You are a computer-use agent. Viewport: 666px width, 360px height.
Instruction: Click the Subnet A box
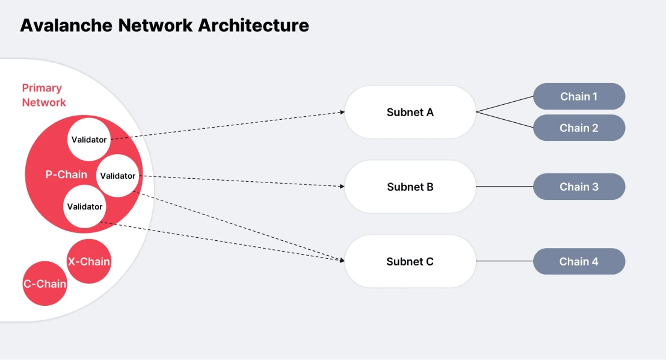pos(410,112)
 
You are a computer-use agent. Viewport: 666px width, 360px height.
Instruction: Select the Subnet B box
pos(410,187)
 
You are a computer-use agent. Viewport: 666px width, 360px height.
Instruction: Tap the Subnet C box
pos(410,261)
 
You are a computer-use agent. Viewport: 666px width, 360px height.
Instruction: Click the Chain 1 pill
pos(579,96)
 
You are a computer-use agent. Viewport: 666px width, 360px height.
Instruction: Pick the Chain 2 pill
pos(579,128)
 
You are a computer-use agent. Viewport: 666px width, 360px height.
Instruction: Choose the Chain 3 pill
pos(579,187)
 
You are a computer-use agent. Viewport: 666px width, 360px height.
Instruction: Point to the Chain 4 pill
pos(579,261)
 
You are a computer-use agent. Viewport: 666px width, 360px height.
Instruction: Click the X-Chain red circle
pos(88,261)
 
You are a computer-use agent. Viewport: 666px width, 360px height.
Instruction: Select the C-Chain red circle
pos(45,284)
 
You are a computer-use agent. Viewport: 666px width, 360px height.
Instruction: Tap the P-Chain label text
pos(66,175)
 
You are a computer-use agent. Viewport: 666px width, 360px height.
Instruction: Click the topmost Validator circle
pos(89,140)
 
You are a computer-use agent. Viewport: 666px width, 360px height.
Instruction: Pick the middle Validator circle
pos(118,176)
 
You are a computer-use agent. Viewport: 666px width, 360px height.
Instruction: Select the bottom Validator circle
pos(85,206)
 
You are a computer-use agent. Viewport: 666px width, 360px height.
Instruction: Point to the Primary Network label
pos(43,95)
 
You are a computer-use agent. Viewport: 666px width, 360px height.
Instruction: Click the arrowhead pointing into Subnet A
pos(341,112)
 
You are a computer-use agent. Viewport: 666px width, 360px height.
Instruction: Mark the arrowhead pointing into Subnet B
pos(341,186)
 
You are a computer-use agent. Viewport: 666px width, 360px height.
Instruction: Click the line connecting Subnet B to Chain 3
pos(504,187)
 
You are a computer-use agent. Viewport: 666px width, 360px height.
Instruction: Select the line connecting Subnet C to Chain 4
pos(504,261)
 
